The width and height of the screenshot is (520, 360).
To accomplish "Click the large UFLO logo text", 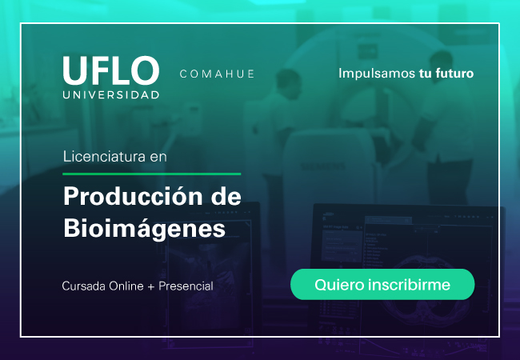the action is coord(111,70).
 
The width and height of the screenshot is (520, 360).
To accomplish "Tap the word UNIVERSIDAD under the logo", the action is coord(111,95).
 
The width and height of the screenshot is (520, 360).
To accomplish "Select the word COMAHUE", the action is coord(218,74).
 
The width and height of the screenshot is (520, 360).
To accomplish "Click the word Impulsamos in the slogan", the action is coord(377,74).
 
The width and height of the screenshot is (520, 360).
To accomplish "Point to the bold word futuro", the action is coord(454,74).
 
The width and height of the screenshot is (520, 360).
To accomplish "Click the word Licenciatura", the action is coord(104,156).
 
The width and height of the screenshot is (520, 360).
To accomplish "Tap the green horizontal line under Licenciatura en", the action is coord(152,174).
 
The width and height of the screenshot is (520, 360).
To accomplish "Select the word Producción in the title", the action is coord(134,197).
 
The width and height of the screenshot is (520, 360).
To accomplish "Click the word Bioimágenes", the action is coord(145,228).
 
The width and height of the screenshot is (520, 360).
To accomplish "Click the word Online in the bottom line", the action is coord(126,286).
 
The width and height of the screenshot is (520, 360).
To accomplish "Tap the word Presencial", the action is coord(186,286).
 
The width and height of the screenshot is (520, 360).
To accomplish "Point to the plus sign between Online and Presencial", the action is coord(151,286).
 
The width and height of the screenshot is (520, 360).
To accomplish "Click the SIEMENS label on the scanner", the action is coord(322,166).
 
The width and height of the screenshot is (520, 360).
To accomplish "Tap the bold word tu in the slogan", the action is coord(425,74).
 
